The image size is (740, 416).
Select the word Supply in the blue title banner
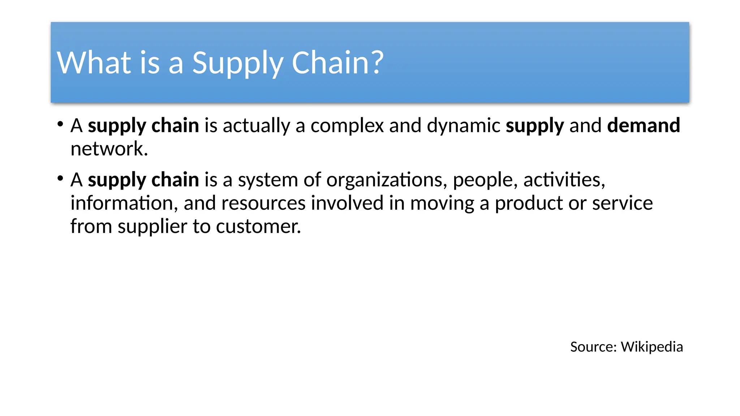pyautogui.click(x=237, y=64)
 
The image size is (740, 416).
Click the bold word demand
pyautogui.click(x=644, y=125)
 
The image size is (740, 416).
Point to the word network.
pyautogui.click(x=109, y=149)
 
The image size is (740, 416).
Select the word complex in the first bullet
pyautogui.click(x=347, y=126)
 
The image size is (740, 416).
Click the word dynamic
pyautogui.click(x=463, y=126)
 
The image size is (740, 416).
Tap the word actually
pyautogui.click(x=256, y=126)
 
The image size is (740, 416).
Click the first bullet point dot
pyautogui.click(x=60, y=125)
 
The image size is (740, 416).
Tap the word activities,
pyautogui.click(x=564, y=179)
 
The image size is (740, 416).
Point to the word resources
pyautogui.click(x=263, y=203)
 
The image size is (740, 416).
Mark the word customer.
pyautogui.click(x=258, y=226)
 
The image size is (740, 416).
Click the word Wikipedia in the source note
pyautogui.click(x=651, y=347)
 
